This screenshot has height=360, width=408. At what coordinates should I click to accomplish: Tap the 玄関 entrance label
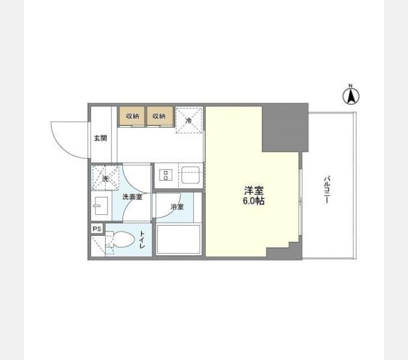pos(100,138)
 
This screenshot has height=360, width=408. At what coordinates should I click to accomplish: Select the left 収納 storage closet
pos(132,116)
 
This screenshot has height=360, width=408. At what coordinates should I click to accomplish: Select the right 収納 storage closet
pos(160,116)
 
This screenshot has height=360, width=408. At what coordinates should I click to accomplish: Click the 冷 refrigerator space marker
pos(188,121)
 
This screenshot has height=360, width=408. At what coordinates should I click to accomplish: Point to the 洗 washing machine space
pos(106,178)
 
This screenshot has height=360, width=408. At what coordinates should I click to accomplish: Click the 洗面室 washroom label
pos(133,197)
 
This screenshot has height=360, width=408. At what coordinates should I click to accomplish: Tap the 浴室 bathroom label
pos(177,207)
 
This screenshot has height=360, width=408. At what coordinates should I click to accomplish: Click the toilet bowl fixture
pos(121,239)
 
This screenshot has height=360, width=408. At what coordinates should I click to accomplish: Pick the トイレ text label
pos(142,239)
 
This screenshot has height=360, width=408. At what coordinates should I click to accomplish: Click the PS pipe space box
pos(97,229)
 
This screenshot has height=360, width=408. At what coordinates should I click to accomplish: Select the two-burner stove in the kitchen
pos(166,175)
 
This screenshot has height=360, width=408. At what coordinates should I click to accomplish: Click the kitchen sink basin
pos(190,175)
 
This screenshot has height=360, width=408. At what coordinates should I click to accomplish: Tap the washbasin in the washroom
pos(101,206)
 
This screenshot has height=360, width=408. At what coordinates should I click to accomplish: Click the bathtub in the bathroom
pos(179,239)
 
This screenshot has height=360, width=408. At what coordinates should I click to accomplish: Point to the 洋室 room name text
pos(254,191)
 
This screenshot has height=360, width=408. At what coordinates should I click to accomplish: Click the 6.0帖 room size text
pos(254,201)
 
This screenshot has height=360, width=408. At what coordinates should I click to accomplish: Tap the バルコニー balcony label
pos(327,190)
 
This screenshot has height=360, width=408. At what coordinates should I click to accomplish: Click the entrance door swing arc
pos(65,149)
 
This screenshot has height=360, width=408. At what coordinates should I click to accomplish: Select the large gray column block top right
pos(285,128)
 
